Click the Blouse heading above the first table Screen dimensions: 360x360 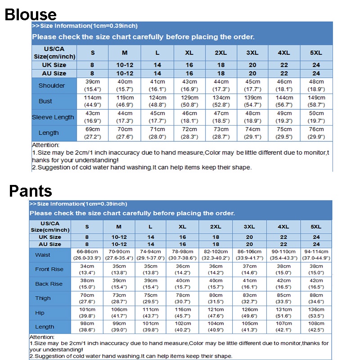coord(31,14)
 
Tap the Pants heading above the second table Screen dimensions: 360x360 coord(31,191)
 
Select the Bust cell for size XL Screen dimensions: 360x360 coord(189,101)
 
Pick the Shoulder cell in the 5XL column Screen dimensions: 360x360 coord(316,85)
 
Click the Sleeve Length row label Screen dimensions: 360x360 coord(53,117)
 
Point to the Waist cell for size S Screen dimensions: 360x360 coord(87,255)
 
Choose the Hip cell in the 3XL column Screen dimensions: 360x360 coord(249,312)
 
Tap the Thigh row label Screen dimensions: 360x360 coord(43,298)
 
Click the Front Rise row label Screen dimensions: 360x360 coord(49,269)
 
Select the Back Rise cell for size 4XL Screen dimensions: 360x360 coord(283,283)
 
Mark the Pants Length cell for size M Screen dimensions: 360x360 coord(119,327)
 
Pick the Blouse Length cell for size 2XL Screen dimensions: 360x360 coord(221,133)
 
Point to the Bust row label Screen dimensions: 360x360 coord(45,101)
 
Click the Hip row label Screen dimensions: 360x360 coord(40,312)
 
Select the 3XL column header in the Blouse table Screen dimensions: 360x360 coord(252,53)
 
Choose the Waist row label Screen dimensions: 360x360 coord(43,255)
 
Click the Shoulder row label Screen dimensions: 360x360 coord(51,85)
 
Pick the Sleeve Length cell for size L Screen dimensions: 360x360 coord(157,117)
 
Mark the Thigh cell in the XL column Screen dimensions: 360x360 coord(182,298)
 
